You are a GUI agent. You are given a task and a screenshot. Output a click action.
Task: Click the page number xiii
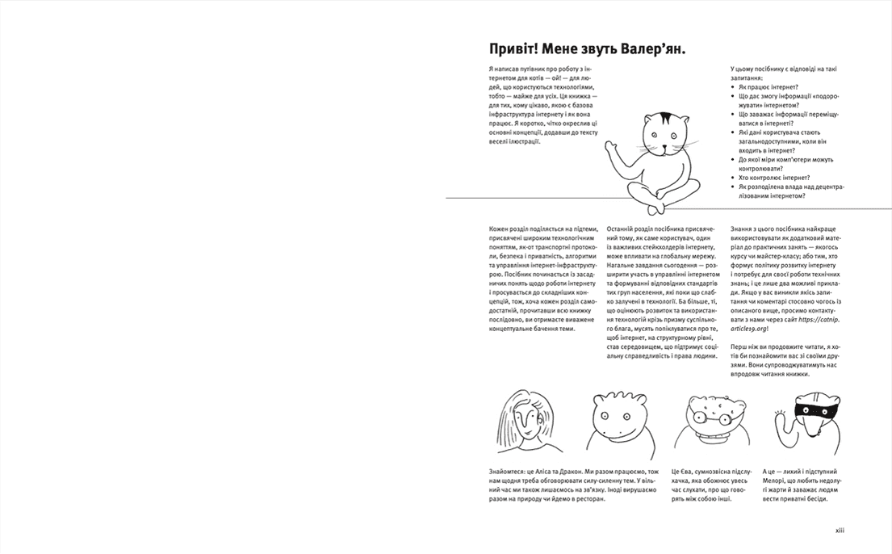tap(839, 531)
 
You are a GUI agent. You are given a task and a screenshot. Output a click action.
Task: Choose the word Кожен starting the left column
tap(500, 229)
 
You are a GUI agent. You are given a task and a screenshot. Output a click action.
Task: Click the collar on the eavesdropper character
tap(709, 440)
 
